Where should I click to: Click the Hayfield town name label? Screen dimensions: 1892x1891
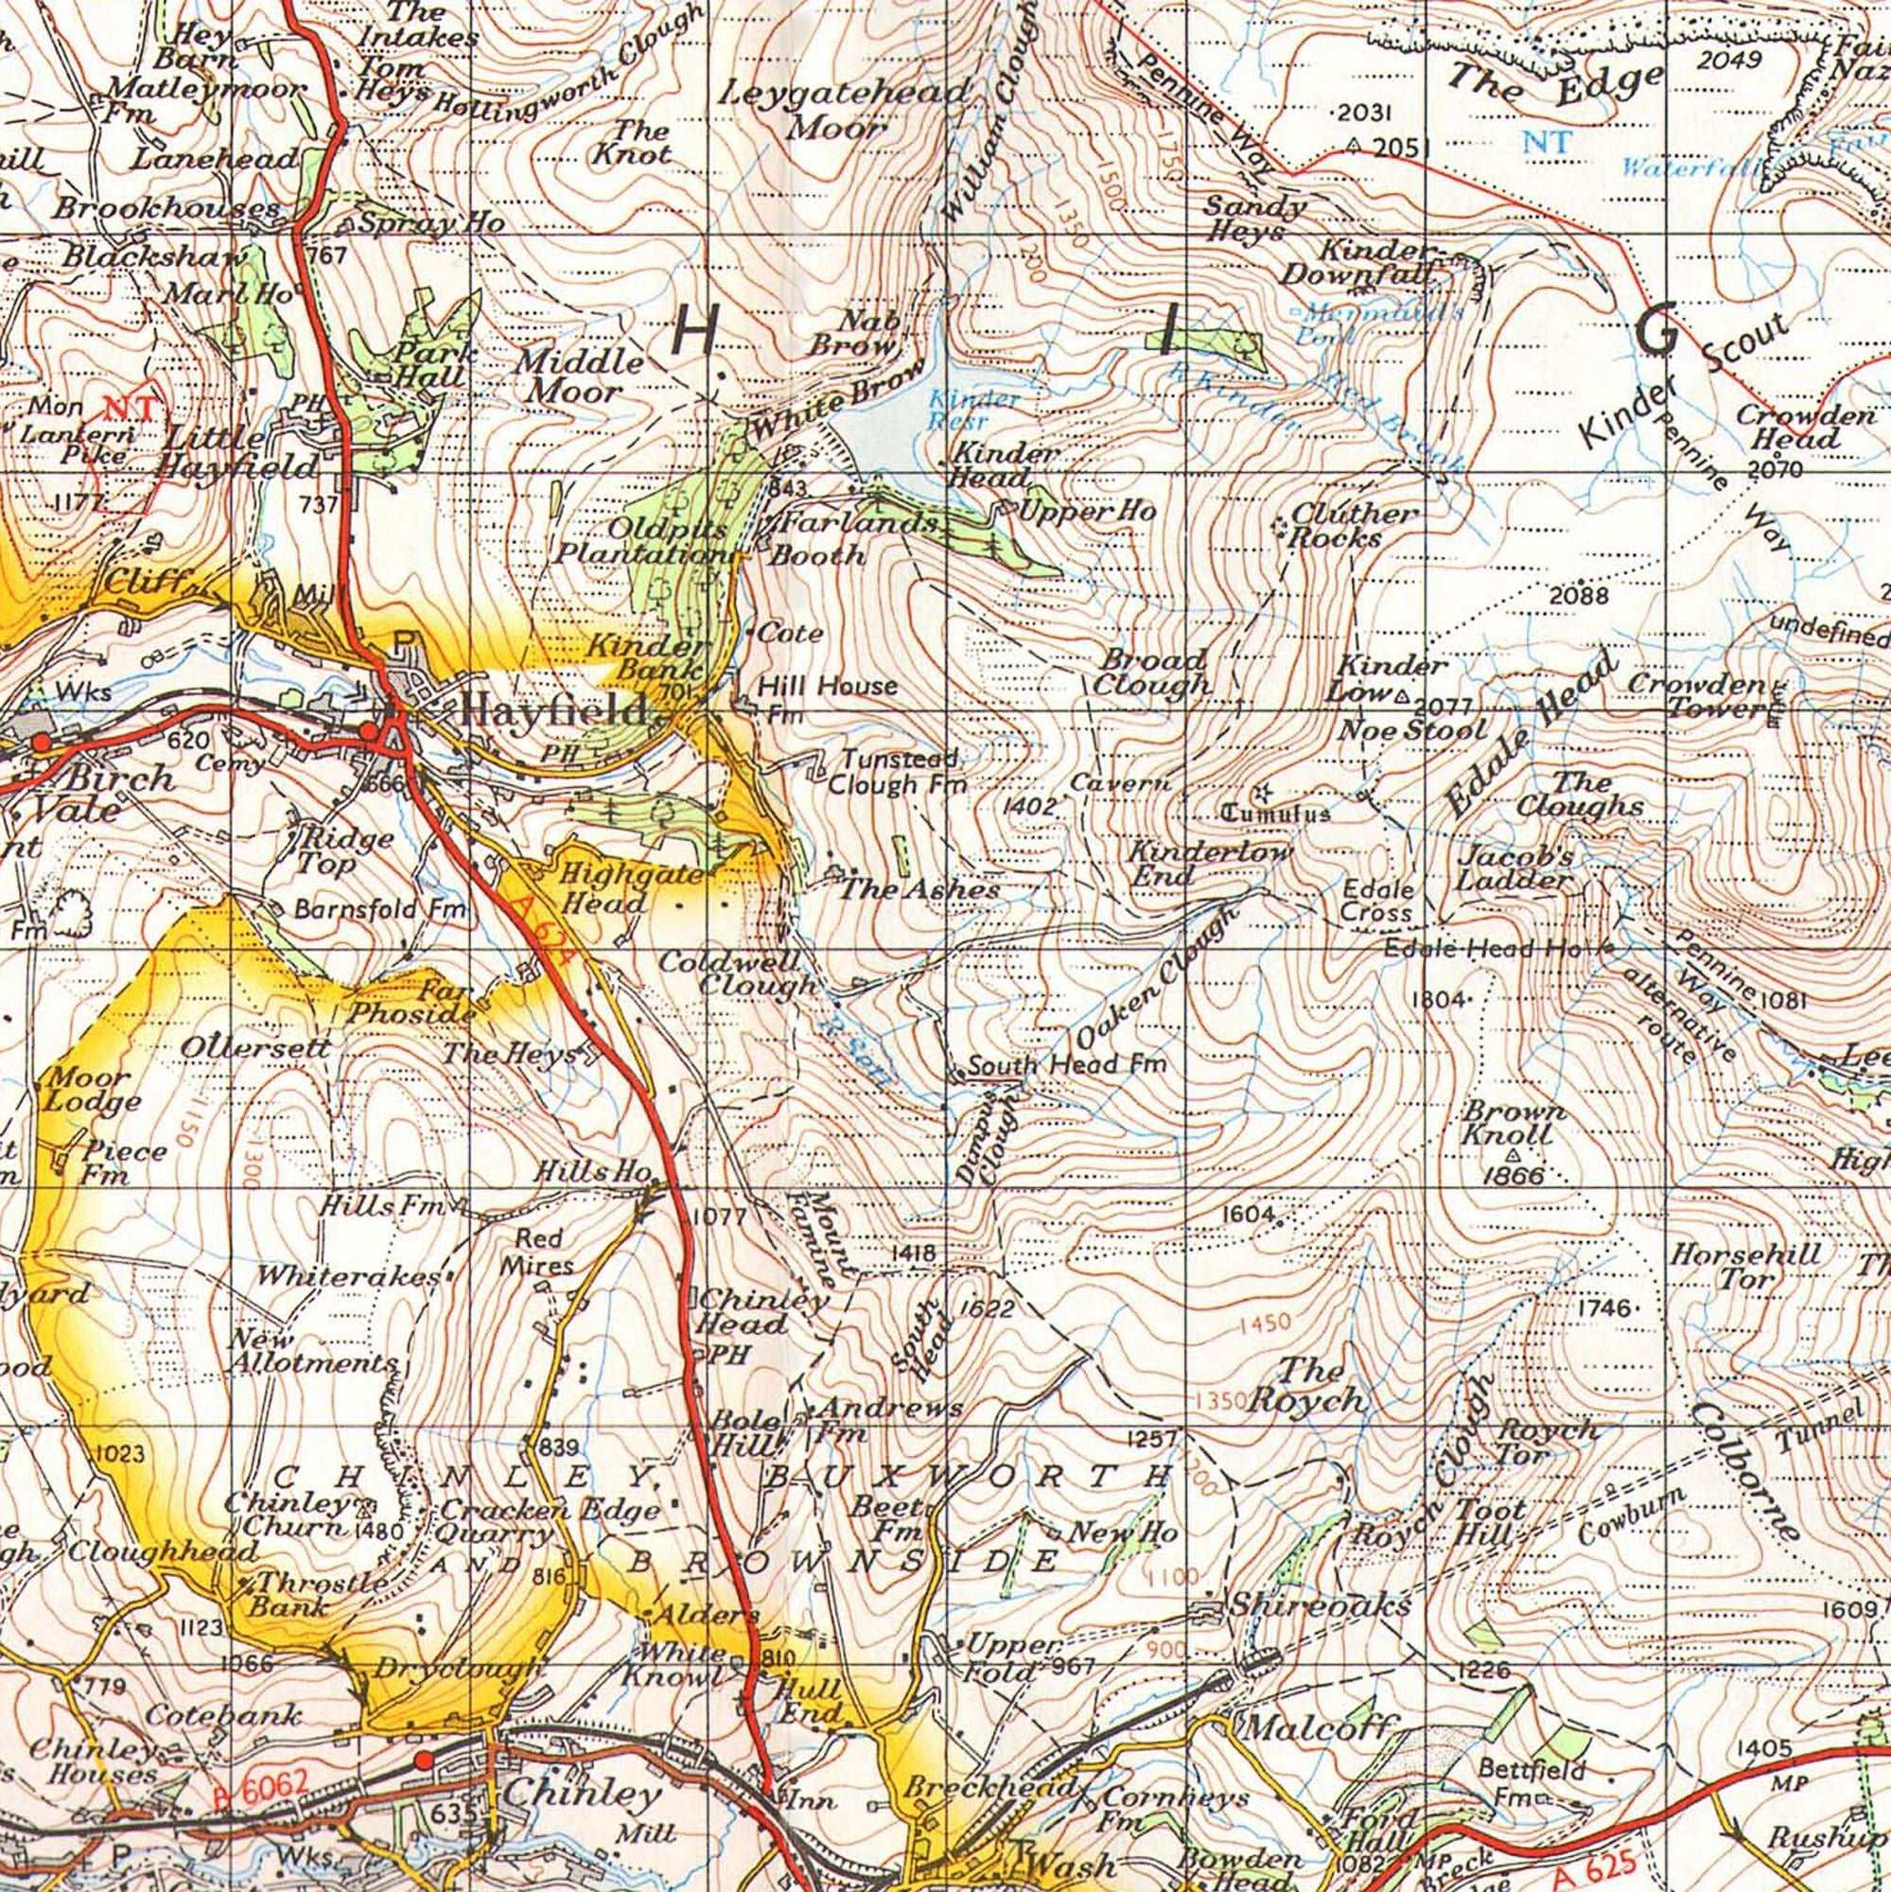(552, 710)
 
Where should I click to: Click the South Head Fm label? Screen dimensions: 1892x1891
(1067, 1064)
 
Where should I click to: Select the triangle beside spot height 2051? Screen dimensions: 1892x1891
(1355, 145)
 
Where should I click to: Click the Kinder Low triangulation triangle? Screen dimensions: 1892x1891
(1402, 697)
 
